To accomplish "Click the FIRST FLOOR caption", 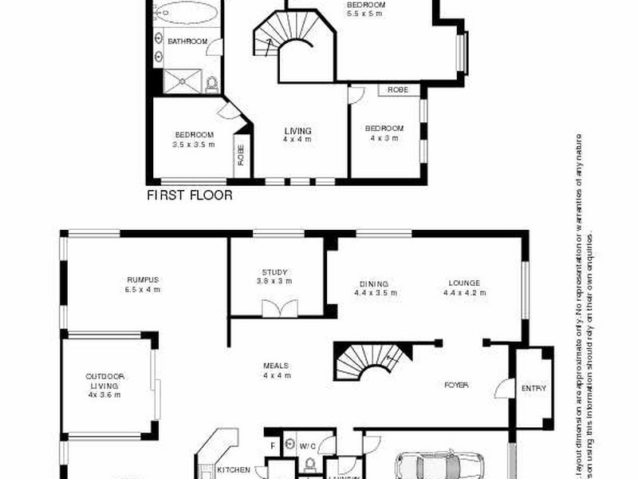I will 190,195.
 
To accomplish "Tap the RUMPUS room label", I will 143,280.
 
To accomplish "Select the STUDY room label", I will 274,272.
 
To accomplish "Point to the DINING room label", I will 373,283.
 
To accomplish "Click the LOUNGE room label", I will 463,283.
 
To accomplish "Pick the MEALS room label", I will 276,366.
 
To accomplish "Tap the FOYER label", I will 456,386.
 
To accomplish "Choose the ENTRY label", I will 534,389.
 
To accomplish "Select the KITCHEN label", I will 234,470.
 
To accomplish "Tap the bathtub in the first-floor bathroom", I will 185,14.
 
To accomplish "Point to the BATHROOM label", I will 187,42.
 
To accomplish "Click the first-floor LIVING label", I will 298,131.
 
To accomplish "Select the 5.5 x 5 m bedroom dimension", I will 365,14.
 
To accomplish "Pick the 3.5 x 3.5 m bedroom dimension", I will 194,144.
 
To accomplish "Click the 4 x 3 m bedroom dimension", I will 384,138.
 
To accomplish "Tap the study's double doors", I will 278,307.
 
